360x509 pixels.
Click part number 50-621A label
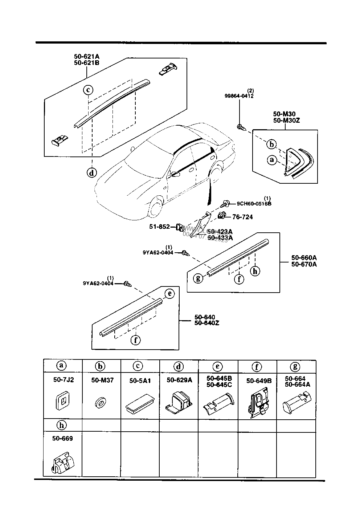(x=86, y=57)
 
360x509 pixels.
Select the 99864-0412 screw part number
(x=239, y=96)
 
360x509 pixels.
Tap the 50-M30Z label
(x=287, y=120)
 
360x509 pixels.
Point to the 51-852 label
(x=159, y=227)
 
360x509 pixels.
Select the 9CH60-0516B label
(x=254, y=204)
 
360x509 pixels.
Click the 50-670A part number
(x=304, y=264)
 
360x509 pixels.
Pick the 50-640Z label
(x=207, y=323)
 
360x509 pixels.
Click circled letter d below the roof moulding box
(x=92, y=173)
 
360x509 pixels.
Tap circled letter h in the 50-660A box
(x=255, y=271)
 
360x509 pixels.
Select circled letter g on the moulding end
(x=198, y=278)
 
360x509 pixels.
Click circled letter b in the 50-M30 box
(x=271, y=144)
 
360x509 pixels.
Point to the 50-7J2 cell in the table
(x=63, y=380)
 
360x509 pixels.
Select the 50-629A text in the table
(x=179, y=380)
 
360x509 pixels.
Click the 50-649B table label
(x=259, y=381)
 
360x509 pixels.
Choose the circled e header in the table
(x=218, y=367)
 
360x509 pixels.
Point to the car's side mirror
(x=176, y=174)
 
